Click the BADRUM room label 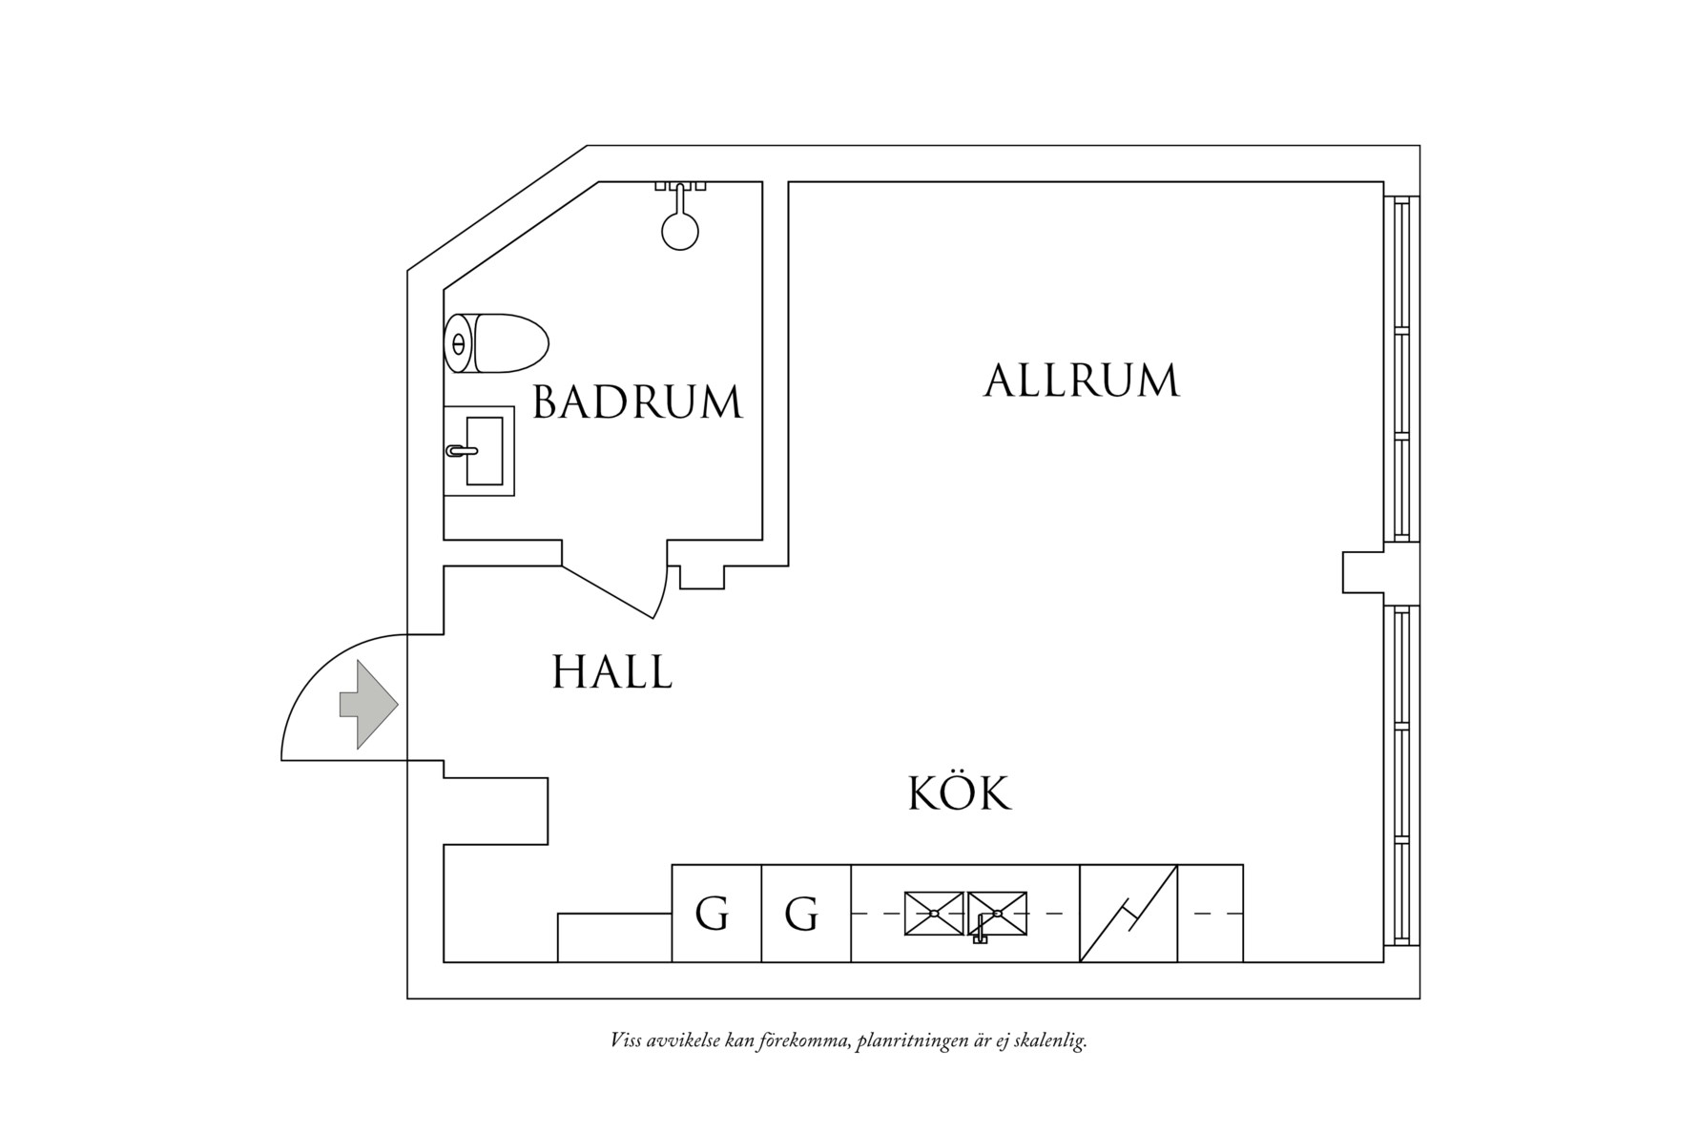(636, 401)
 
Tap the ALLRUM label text (1081, 381)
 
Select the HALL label (611, 671)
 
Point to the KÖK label (959, 792)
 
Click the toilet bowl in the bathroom (510, 343)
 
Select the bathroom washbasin (484, 451)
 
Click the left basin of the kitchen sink (934, 913)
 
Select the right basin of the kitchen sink (998, 913)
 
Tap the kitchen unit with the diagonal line (1129, 914)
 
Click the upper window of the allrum (1401, 369)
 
